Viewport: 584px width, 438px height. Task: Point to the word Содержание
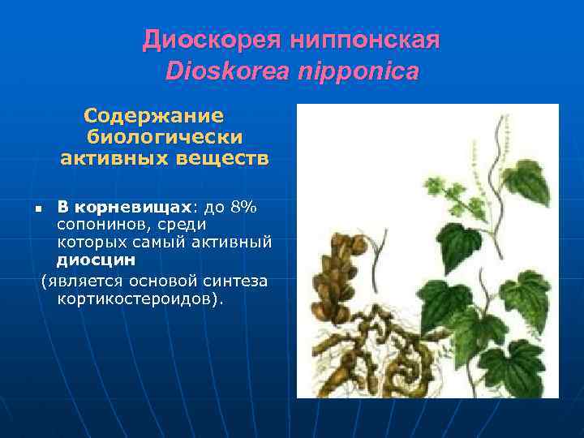(153, 116)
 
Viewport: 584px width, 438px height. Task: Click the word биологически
(165, 137)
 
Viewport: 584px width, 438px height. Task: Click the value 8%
(243, 206)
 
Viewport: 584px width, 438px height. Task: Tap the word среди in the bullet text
(181, 224)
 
